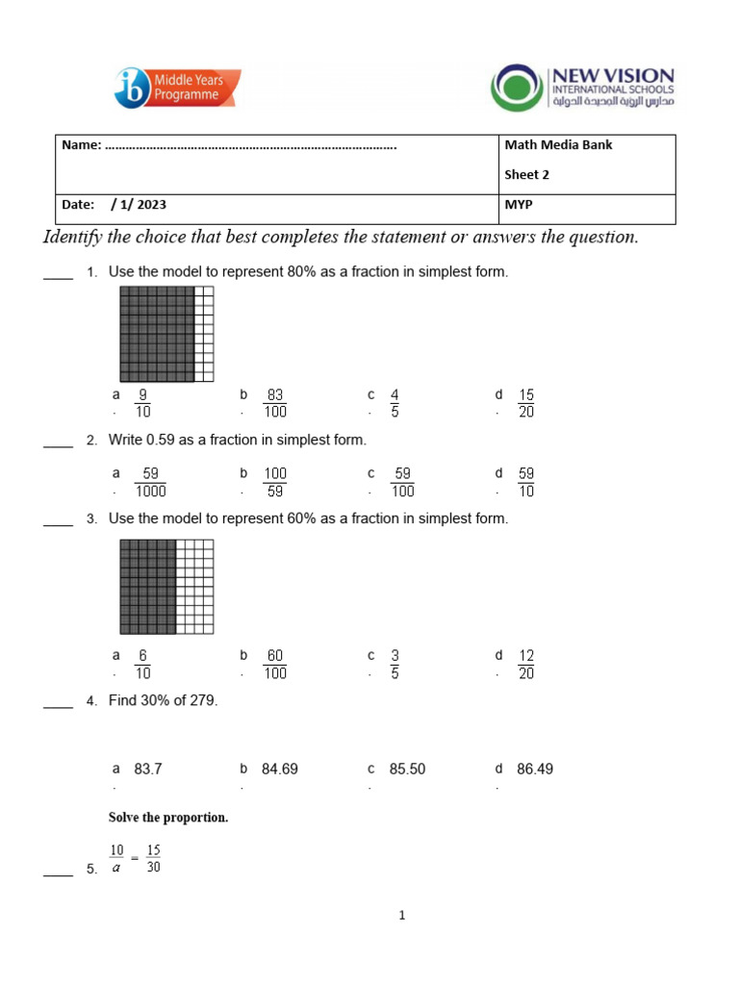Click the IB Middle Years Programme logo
(177, 88)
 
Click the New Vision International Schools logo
(582, 88)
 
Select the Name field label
(81, 145)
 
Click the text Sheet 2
(526, 175)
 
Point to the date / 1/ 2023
(139, 205)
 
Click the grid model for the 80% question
(166, 334)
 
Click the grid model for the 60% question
(166, 587)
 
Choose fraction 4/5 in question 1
(395, 403)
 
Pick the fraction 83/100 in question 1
(275, 403)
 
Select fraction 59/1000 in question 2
(150, 482)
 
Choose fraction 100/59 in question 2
(275, 482)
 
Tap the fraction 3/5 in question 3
(395, 664)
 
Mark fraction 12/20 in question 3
(525, 664)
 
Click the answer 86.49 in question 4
(535, 769)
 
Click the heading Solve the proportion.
(168, 818)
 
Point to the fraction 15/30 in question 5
(153, 859)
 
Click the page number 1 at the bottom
(403, 916)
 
